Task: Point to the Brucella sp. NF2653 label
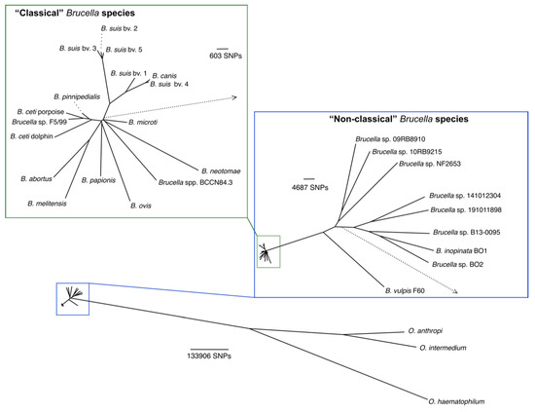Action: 430,165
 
